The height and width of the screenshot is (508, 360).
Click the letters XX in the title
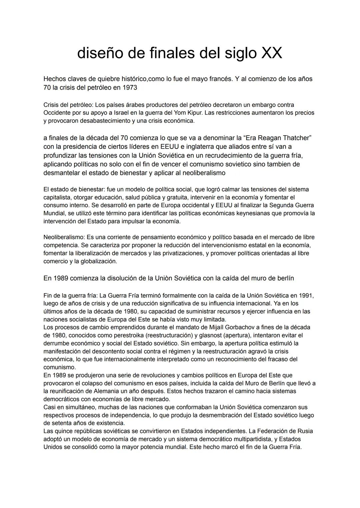[x=272, y=53]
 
